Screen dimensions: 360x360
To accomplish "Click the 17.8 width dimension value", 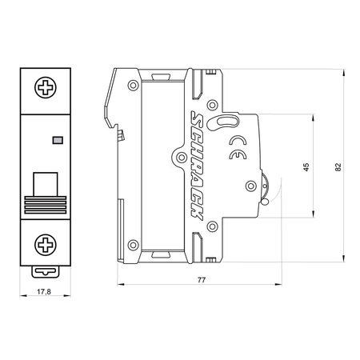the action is tap(44, 291).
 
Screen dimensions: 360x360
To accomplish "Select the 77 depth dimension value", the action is tap(202, 280).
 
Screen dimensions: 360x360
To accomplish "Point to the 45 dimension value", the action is tap(306, 167).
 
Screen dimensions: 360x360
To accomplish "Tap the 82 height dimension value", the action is tap(338, 167).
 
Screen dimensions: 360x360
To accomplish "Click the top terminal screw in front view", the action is tap(46, 87).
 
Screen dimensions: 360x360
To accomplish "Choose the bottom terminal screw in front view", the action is tap(46, 245).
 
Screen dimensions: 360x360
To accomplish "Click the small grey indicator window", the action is tap(58, 140).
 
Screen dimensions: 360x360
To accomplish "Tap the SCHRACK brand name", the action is tap(197, 166).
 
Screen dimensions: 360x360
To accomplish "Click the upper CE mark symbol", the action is tap(238, 140).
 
